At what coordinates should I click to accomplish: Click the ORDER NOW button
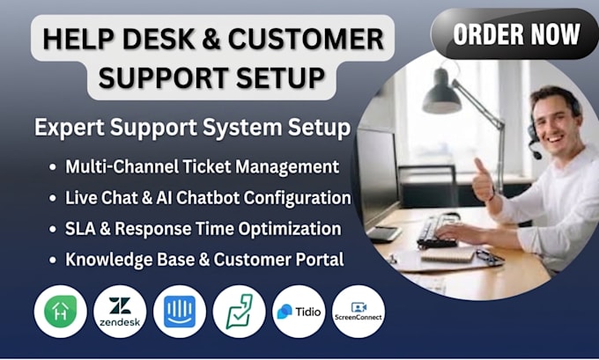pyautogui.click(x=515, y=33)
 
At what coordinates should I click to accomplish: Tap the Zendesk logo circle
pyautogui.click(x=120, y=312)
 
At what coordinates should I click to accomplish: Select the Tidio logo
pyautogui.click(x=299, y=312)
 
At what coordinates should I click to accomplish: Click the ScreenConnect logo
pyautogui.click(x=359, y=312)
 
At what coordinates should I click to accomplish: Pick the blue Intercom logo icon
pyautogui.click(x=180, y=312)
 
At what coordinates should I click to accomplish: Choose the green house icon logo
pyautogui.click(x=61, y=311)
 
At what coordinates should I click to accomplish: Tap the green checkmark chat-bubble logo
pyautogui.click(x=239, y=312)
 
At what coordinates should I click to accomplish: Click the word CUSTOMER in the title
pyautogui.click(x=306, y=39)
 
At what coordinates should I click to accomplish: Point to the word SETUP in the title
pyautogui.click(x=280, y=77)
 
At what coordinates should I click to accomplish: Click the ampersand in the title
pyautogui.click(x=211, y=39)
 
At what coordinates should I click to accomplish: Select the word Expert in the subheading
pyautogui.click(x=69, y=128)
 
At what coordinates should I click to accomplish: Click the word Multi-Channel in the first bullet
pyautogui.click(x=122, y=166)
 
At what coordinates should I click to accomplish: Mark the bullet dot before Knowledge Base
pyautogui.click(x=53, y=260)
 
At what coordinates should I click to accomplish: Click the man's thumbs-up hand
pyautogui.click(x=482, y=179)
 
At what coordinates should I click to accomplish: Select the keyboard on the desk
pyautogui.click(x=439, y=230)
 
